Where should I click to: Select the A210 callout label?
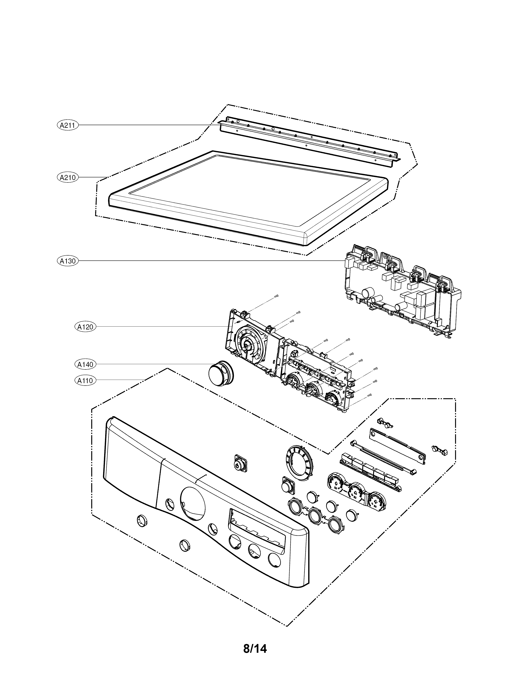[x=68, y=177]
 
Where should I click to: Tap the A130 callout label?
[x=68, y=261]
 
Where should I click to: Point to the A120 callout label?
[x=85, y=327]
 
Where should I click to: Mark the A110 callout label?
[x=85, y=380]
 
